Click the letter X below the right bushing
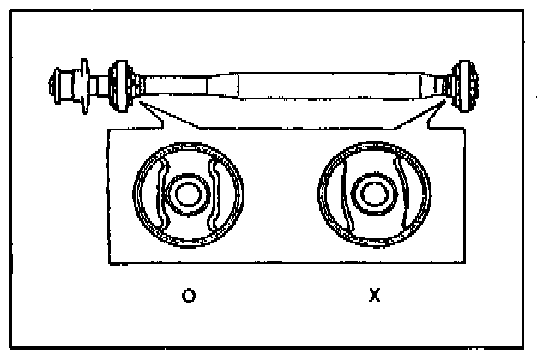pyautogui.click(x=373, y=296)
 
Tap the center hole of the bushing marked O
pyautogui.click(x=186, y=194)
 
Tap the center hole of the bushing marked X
pyautogui.click(x=372, y=194)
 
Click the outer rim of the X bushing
pyautogui.click(x=321, y=194)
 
